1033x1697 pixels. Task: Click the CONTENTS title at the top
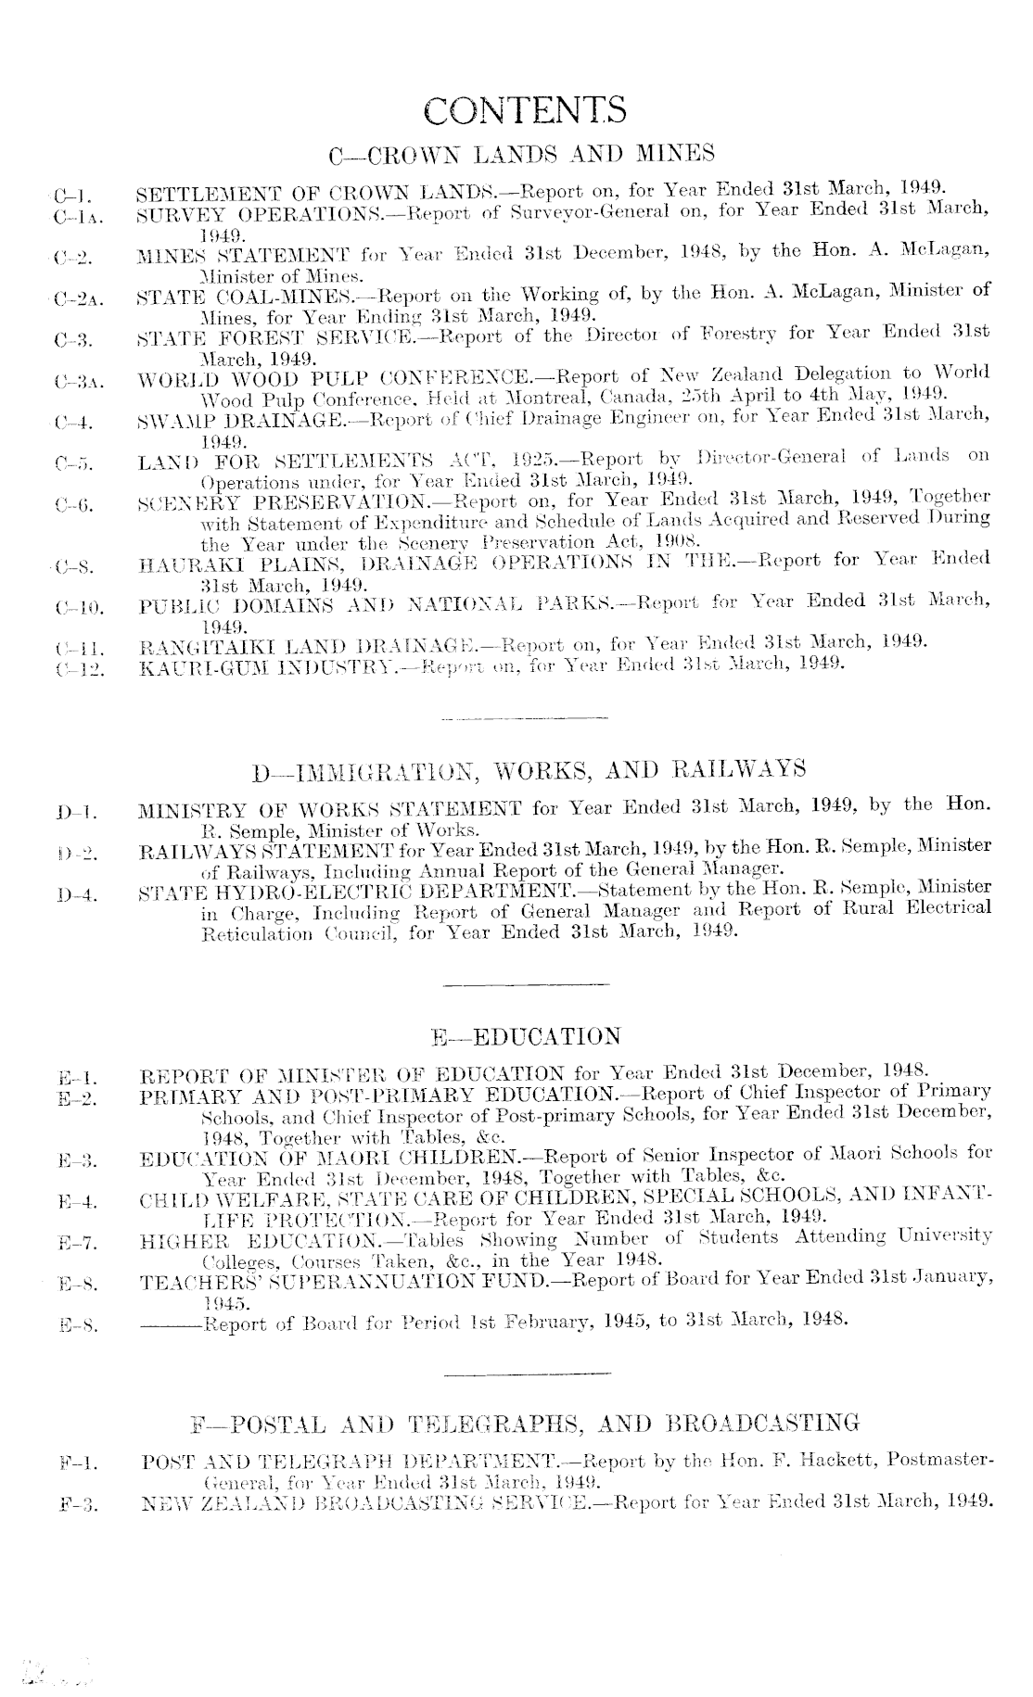(x=524, y=110)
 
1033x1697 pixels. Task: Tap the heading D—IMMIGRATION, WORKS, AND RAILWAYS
(x=529, y=769)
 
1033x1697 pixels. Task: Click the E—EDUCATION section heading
(x=526, y=1036)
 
